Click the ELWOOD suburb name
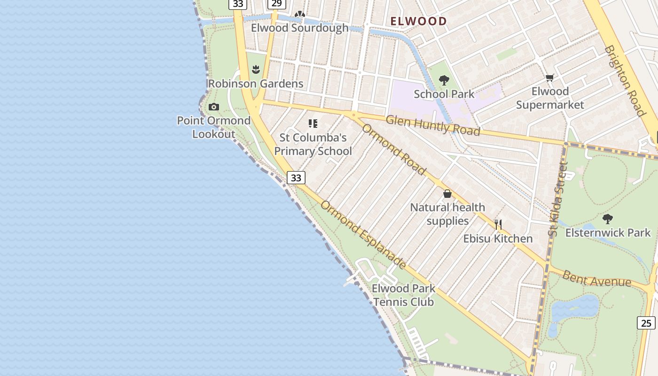pyautogui.click(x=418, y=21)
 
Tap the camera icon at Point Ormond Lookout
pyautogui.click(x=214, y=107)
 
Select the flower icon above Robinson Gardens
pyautogui.click(x=256, y=70)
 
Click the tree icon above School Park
pyautogui.click(x=444, y=80)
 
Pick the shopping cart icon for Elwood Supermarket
pyautogui.click(x=550, y=78)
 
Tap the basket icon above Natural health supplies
pyautogui.click(x=447, y=194)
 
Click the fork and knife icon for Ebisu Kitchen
pyautogui.click(x=498, y=225)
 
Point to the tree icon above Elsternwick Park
pyautogui.click(x=608, y=219)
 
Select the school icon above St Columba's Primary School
pyautogui.click(x=313, y=124)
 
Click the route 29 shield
pyautogui.click(x=276, y=4)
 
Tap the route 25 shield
pyautogui.click(x=646, y=323)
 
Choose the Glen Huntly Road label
pyautogui.click(x=433, y=125)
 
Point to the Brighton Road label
pyautogui.click(x=624, y=80)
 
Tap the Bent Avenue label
pyautogui.click(x=597, y=279)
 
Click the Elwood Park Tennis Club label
pyautogui.click(x=403, y=295)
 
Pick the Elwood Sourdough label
pyautogui.click(x=299, y=28)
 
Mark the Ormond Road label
pyautogui.click(x=393, y=149)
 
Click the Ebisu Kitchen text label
pyautogui.click(x=498, y=239)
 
